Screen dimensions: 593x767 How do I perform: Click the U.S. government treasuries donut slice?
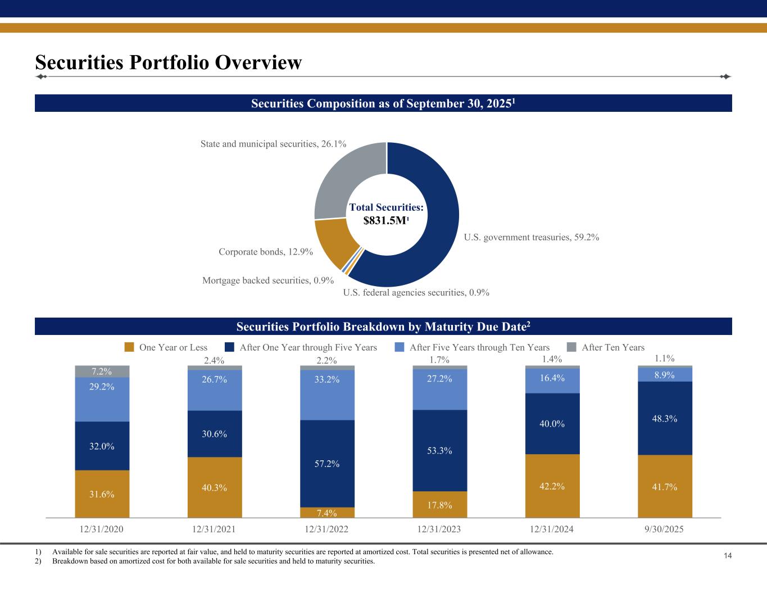tap(438, 225)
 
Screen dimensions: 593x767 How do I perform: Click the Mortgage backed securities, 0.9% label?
tap(268, 280)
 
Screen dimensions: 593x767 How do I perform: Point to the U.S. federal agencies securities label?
tap(416, 292)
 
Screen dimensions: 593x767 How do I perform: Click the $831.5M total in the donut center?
tap(386, 221)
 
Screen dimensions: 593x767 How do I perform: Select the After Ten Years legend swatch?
tap(571, 347)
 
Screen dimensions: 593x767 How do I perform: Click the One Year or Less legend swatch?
tap(129, 347)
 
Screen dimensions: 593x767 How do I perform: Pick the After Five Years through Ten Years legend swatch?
tap(400, 347)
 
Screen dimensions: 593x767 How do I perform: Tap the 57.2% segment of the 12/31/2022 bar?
tap(328, 464)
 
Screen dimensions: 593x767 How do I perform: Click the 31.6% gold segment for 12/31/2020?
tap(102, 494)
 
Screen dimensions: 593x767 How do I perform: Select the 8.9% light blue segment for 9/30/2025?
tap(665, 375)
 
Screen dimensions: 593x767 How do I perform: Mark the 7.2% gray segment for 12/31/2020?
tap(102, 372)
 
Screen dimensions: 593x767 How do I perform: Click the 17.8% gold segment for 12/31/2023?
tap(440, 505)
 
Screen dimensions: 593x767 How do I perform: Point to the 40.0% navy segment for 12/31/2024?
tap(552, 423)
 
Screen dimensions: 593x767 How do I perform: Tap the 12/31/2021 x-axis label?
tap(214, 529)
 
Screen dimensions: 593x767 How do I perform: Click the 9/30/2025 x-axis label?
tap(665, 529)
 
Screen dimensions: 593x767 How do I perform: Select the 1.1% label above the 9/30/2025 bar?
tap(665, 358)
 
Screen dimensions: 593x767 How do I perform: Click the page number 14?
tap(727, 556)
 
